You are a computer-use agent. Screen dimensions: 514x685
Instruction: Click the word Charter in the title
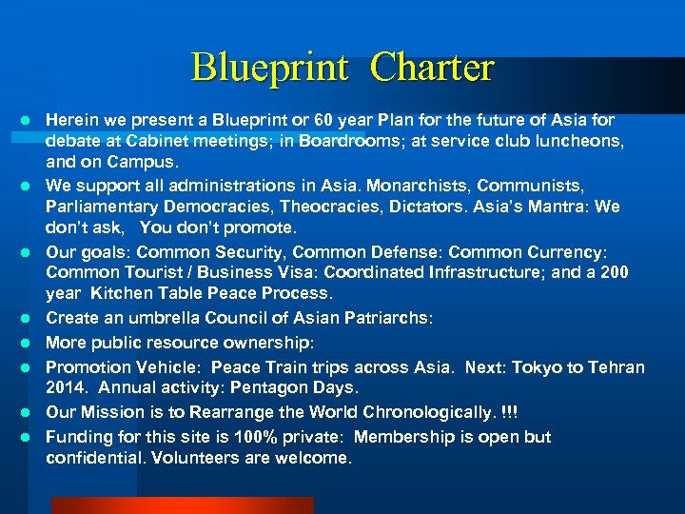[432, 68]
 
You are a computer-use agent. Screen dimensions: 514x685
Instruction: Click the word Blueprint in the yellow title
[270, 68]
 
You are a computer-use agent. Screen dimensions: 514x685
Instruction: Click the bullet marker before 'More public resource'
[29, 342]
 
